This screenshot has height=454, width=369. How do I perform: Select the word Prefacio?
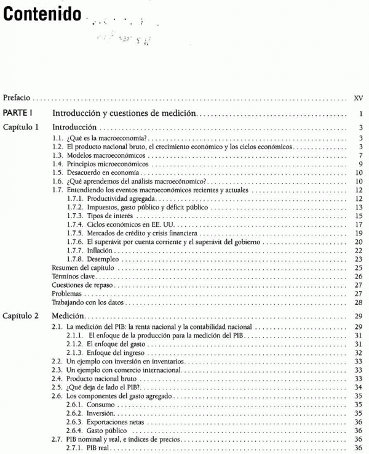(x=17, y=98)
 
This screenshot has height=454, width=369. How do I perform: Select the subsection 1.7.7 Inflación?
(x=99, y=251)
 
